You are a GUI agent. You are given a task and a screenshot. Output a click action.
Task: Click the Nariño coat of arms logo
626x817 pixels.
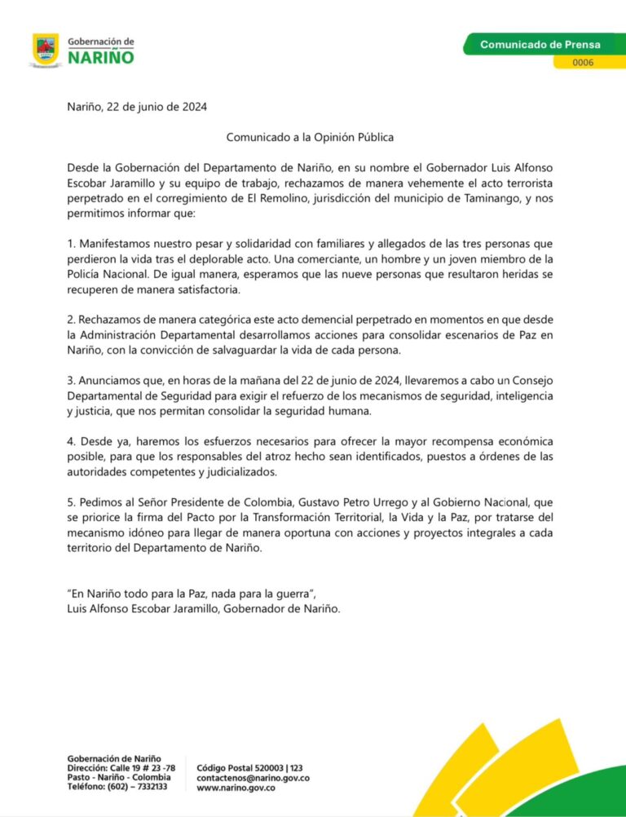45,50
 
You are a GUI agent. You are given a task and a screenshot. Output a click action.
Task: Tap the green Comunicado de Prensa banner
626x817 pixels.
540,44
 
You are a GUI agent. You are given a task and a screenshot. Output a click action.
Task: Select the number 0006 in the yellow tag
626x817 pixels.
583,62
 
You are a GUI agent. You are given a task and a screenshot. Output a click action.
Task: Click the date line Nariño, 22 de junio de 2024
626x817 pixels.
137,107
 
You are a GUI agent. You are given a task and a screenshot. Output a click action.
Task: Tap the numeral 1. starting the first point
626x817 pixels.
72,243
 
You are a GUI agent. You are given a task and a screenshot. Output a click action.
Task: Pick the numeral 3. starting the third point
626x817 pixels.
72,381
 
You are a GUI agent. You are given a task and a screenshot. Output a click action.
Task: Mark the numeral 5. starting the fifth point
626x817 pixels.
72,502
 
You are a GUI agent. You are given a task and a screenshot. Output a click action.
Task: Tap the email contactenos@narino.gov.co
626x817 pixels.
253,778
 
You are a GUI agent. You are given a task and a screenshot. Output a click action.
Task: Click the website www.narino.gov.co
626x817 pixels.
236,788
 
